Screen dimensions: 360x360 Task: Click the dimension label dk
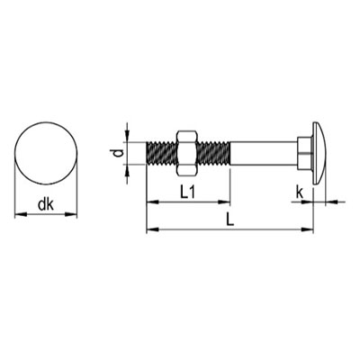point(46,204)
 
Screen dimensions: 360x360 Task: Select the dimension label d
point(120,153)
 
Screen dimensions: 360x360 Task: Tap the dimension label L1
point(188,192)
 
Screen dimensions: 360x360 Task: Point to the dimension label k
point(300,193)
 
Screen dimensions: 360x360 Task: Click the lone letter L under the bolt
point(229,220)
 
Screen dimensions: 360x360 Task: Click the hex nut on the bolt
point(186,153)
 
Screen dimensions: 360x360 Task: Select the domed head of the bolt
point(319,153)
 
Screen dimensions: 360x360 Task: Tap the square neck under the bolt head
point(305,153)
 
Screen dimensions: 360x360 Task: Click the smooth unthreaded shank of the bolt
point(264,153)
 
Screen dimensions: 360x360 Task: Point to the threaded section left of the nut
point(162,153)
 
